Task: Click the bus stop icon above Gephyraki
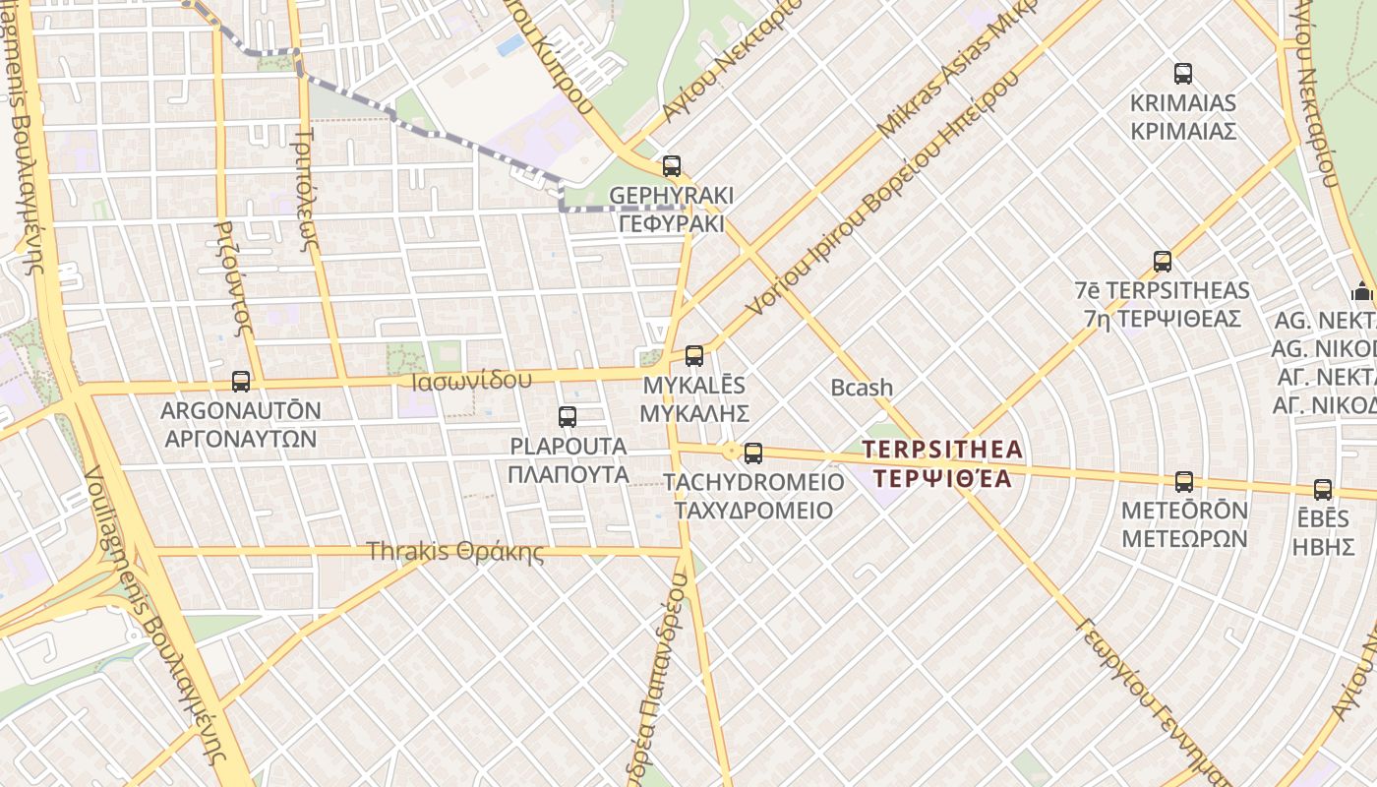[x=672, y=166]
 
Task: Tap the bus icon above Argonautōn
[x=241, y=381]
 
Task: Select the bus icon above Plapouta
[x=568, y=417]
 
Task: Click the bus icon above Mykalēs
[x=694, y=356]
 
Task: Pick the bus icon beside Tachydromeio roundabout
[x=753, y=454]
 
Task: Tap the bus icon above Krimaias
[x=1183, y=74]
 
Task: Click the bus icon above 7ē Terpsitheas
[x=1163, y=262]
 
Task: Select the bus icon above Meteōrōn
[x=1184, y=482]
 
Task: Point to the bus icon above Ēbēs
[x=1323, y=489]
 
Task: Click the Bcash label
[x=862, y=388]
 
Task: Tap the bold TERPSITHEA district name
[x=942, y=451]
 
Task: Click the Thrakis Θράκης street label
[x=454, y=551]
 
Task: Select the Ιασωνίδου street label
[x=474, y=379]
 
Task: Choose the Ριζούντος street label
[x=230, y=275]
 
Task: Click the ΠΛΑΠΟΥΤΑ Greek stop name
[x=569, y=474]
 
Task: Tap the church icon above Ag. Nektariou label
[x=1362, y=291]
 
